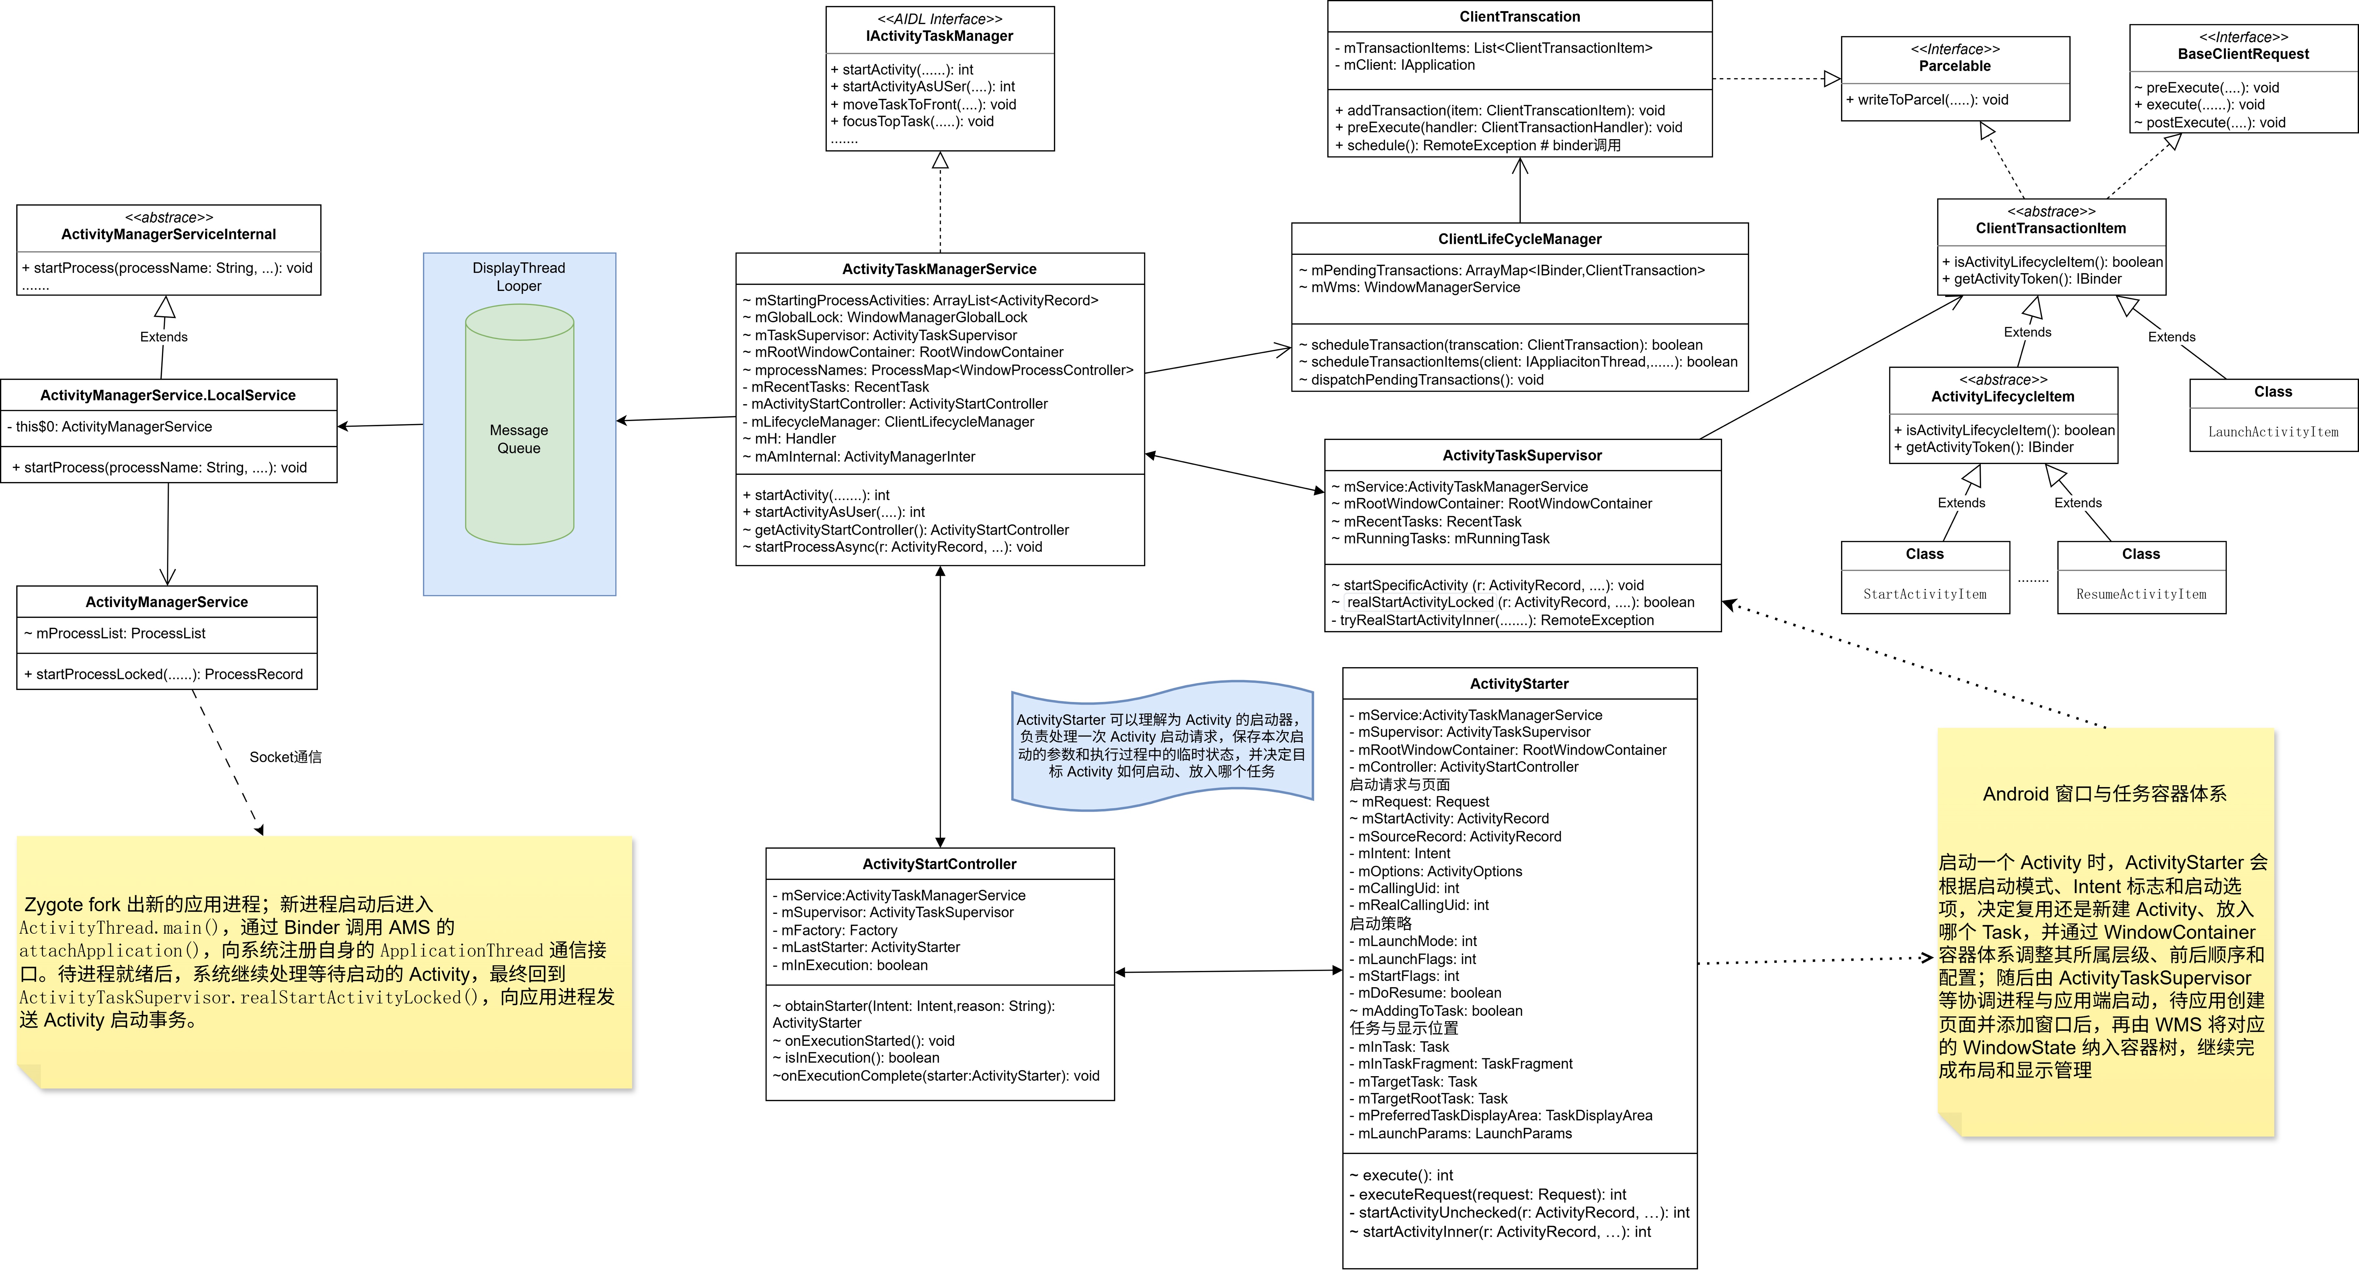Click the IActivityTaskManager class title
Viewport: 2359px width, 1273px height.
tap(940, 36)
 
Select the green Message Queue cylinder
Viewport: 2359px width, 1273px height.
tap(519, 425)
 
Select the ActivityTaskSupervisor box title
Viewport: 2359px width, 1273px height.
tap(1522, 455)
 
